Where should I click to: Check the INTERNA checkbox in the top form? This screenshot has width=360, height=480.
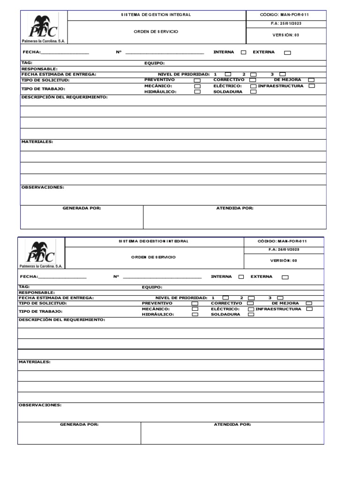point(243,52)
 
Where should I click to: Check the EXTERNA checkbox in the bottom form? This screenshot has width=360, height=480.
point(285,277)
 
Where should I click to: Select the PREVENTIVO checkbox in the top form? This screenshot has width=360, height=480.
point(197,80)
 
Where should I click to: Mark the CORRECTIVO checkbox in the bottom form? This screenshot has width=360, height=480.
point(251,304)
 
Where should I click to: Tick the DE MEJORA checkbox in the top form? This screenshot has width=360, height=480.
point(311,80)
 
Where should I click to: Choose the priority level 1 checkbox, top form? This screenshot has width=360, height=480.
point(228,74)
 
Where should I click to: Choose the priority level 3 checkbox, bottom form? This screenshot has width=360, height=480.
point(280,298)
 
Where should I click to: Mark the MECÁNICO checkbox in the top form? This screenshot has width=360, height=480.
point(197,86)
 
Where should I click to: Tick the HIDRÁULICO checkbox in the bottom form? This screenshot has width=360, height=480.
point(195,315)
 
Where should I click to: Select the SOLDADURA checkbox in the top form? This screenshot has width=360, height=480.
point(253,92)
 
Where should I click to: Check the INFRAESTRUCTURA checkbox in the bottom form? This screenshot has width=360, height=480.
point(309,309)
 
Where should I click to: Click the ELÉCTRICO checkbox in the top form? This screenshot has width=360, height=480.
point(253,86)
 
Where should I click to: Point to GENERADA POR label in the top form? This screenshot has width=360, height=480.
point(82,208)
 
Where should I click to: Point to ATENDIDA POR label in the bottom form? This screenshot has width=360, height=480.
point(232,424)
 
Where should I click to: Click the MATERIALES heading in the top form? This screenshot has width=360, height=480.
point(37,142)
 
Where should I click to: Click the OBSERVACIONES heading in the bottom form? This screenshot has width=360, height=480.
point(40,405)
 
